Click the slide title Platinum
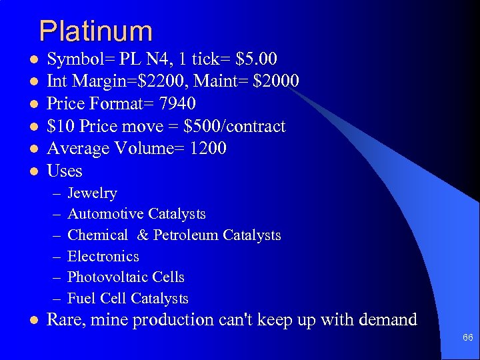click(95, 31)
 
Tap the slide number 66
click(467, 338)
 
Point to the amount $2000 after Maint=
click(275, 81)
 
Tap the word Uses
click(65, 171)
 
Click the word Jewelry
click(92, 193)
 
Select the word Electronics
click(103, 257)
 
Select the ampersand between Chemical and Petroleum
click(143, 235)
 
